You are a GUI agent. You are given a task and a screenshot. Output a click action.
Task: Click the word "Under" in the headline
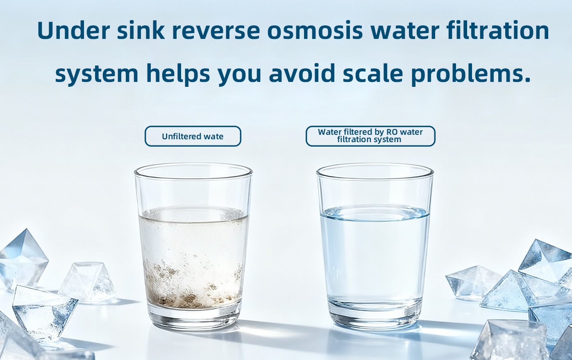pyautogui.click(x=73, y=30)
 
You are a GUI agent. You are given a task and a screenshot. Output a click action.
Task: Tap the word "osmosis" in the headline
pyautogui.click(x=315, y=30)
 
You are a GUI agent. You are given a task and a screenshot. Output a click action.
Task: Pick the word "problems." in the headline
pyautogui.click(x=471, y=74)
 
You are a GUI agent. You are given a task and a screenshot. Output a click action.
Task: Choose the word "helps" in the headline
pyautogui.click(x=178, y=74)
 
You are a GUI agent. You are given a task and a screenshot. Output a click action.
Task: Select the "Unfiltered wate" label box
pyautogui.click(x=193, y=136)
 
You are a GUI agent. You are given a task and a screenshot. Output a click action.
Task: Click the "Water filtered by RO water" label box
pyautogui.click(x=370, y=136)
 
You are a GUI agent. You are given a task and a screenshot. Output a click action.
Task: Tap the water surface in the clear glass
pyautogui.click(x=375, y=213)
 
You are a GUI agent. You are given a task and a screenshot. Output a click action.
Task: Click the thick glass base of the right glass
pyautogui.click(x=375, y=317)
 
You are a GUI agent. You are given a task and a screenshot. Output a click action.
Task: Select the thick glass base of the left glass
pyautogui.click(x=193, y=318)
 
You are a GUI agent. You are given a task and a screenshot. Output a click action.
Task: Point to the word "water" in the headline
pyautogui.click(x=405, y=31)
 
